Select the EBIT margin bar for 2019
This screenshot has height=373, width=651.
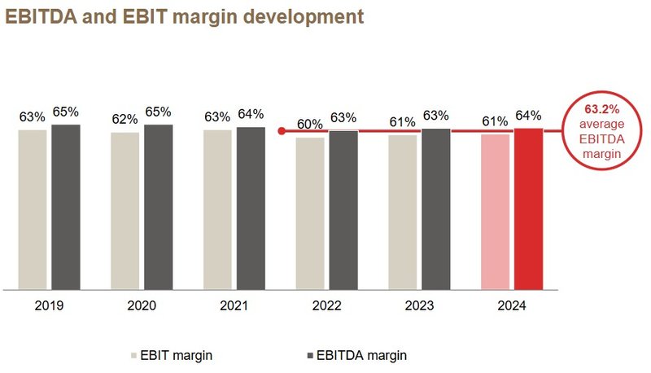coord(33,208)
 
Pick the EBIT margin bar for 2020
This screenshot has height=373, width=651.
coord(125,210)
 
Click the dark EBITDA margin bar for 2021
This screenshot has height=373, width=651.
coord(251,208)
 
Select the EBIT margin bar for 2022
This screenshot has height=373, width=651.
coord(310,213)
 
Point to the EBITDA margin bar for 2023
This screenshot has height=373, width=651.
coord(435,208)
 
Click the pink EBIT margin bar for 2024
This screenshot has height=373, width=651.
coord(495,211)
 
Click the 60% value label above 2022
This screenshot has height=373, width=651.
coord(310,125)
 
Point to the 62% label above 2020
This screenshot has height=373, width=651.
coord(125,120)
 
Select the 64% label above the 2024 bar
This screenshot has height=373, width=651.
coord(528,115)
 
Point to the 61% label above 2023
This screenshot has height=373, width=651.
coord(403,122)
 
